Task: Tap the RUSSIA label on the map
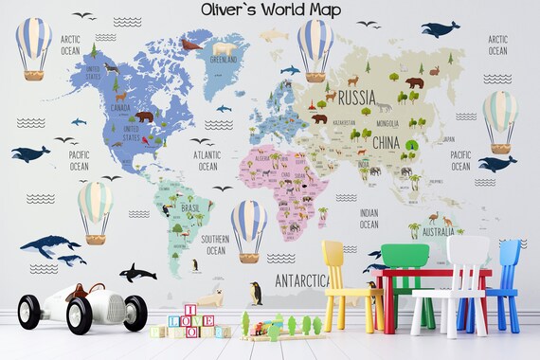click(356, 96)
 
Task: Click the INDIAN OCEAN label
click(369, 219)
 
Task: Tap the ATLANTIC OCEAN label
click(208, 159)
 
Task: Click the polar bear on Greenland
click(225, 48)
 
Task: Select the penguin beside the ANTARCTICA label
click(256, 292)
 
